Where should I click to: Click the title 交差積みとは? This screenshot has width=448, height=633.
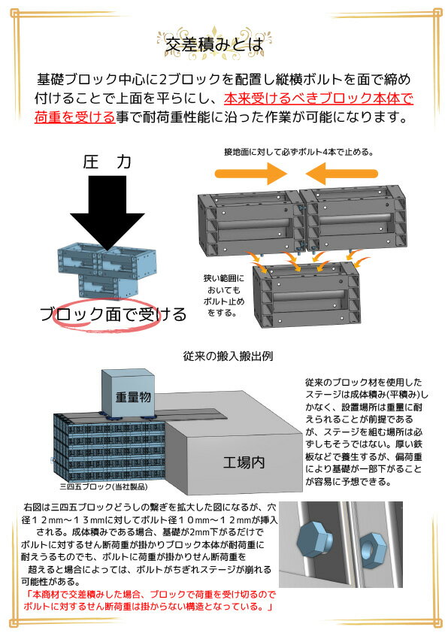pyautogui.click(x=214, y=45)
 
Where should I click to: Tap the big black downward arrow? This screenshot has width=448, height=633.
pyautogui.click(x=107, y=214)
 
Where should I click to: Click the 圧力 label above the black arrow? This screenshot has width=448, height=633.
pyautogui.click(x=107, y=162)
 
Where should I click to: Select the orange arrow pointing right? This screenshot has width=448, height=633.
pyautogui.click(x=250, y=174)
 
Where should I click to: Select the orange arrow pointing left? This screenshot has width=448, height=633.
pyautogui.click(x=341, y=174)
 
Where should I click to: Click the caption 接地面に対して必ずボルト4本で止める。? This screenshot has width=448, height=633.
pyautogui.click(x=299, y=152)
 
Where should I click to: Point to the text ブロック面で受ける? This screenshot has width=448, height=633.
pyautogui.click(x=114, y=314)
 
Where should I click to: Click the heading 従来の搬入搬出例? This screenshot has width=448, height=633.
pyautogui.click(x=228, y=356)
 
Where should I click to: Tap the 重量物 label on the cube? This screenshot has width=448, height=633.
pyautogui.click(x=133, y=397)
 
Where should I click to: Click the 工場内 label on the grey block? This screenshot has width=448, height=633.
pyautogui.click(x=244, y=462)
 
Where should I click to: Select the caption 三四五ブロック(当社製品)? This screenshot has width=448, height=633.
pyautogui.click(x=104, y=487)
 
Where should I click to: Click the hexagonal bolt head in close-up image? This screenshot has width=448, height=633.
pyautogui.click(x=314, y=540)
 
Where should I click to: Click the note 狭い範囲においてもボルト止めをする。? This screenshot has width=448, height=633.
pyautogui.click(x=224, y=295)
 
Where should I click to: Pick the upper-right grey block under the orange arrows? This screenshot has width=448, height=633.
pyautogui.click(x=353, y=220)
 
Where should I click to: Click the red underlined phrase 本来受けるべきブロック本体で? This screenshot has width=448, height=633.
pyautogui.click(x=319, y=98)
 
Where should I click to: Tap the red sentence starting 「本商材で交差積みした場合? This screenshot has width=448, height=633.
pyautogui.click(x=150, y=601)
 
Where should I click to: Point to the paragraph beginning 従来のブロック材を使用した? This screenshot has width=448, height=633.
pyautogui.click(x=366, y=432)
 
